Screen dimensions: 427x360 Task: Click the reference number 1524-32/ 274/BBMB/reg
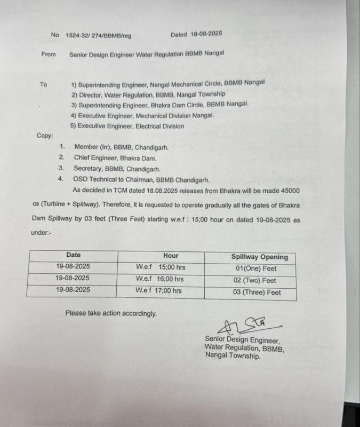coord(98,35)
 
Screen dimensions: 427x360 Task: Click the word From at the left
coord(49,54)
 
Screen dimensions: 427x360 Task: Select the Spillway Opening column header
coord(259,257)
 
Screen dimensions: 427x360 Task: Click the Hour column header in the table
coord(171,256)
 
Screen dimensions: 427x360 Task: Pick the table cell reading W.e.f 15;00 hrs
coord(161,267)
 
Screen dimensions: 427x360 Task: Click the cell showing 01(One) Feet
coord(258,268)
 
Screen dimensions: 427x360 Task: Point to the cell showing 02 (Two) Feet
coord(259,280)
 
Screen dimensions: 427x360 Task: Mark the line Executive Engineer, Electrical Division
coord(128,126)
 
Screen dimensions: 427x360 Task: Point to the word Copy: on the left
coord(45,136)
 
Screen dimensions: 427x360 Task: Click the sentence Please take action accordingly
coord(111,313)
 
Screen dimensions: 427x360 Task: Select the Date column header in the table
coord(73,255)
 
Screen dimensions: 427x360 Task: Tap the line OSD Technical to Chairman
coord(133,179)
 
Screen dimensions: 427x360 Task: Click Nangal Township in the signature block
coord(233,356)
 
